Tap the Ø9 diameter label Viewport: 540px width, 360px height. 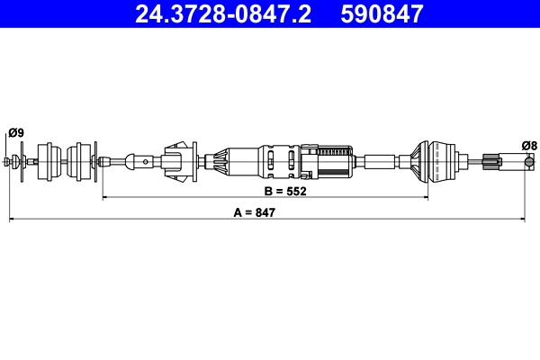click(15, 133)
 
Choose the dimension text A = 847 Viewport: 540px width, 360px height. click(254, 213)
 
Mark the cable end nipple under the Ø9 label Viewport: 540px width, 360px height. click(10, 162)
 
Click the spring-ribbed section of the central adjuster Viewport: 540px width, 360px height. click(335, 162)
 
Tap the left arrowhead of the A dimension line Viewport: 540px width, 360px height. click(12, 219)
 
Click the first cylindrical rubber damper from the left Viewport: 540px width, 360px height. click(50, 162)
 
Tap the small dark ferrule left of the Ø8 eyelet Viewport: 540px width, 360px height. click(490, 162)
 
